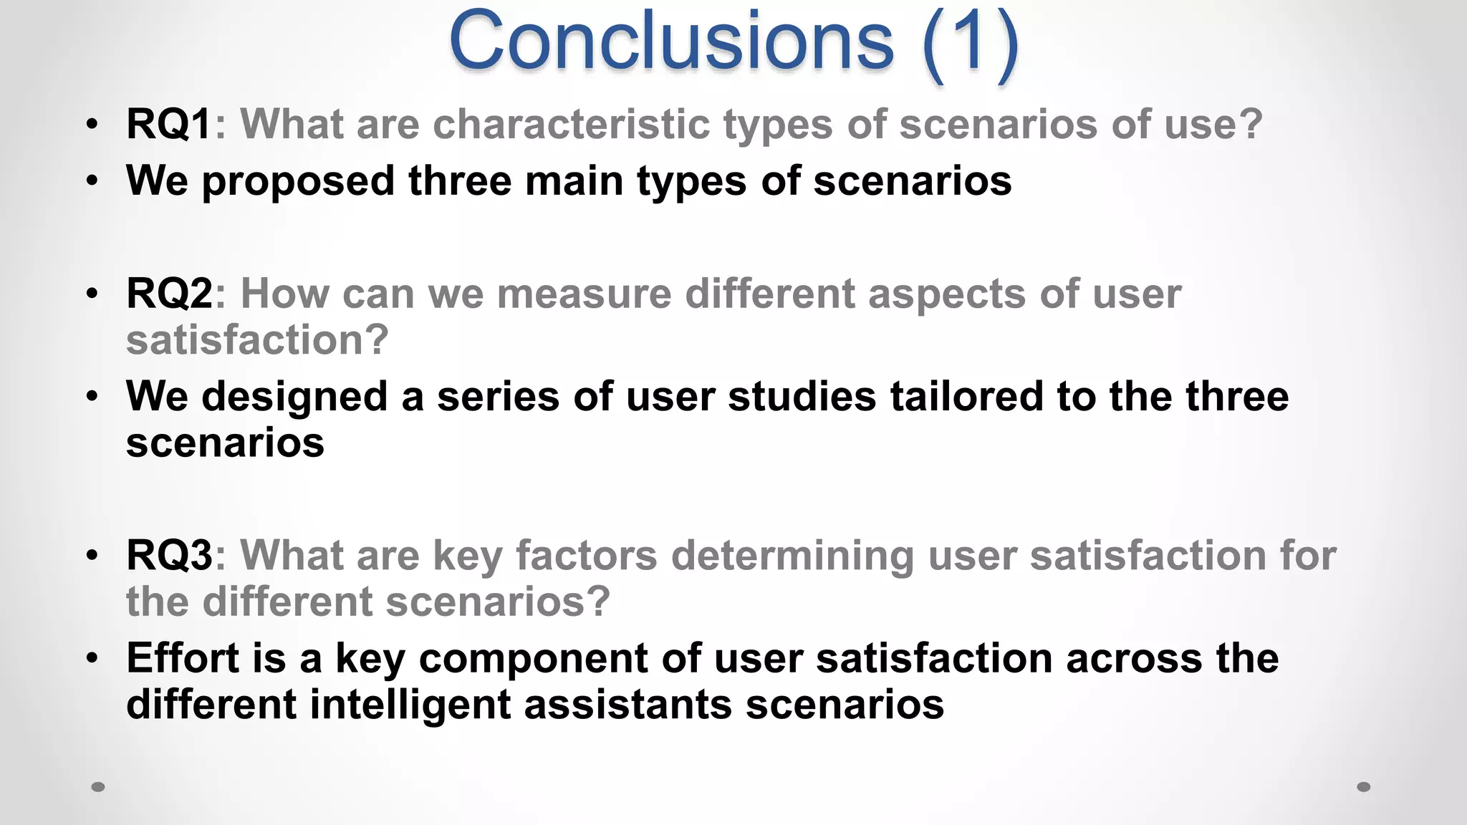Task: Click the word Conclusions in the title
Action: pos(671,42)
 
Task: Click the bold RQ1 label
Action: pos(168,124)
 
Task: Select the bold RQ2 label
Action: pos(169,294)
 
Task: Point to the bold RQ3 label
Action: pos(169,555)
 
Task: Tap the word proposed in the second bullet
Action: pos(298,181)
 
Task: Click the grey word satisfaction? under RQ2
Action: pos(257,339)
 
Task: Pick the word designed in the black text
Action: pos(294,397)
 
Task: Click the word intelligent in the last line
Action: pos(410,705)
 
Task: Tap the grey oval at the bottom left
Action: pos(98,787)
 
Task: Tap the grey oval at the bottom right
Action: pos(1364,787)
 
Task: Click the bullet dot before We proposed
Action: pos(92,182)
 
